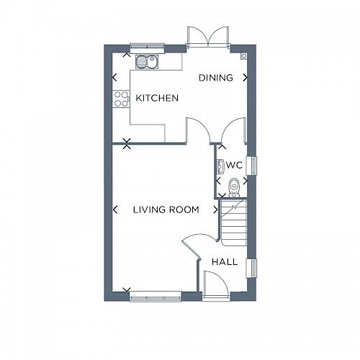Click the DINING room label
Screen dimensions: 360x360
point(216,78)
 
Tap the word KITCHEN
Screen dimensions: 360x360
point(157,98)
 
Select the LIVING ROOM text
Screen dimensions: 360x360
point(166,210)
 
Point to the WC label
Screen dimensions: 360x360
point(233,165)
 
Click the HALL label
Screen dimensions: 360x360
point(225,262)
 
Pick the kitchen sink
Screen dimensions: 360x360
point(148,61)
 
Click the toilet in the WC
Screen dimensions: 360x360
point(232,188)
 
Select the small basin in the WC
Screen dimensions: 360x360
point(219,166)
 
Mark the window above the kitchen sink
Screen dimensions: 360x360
point(147,48)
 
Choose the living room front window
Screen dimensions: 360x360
point(156,295)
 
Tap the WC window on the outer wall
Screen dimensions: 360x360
point(252,165)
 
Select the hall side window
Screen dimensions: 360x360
point(252,267)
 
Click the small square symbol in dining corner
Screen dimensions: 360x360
point(244,55)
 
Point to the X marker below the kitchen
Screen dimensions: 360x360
point(127,144)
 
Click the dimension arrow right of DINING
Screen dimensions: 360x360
point(246,78)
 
